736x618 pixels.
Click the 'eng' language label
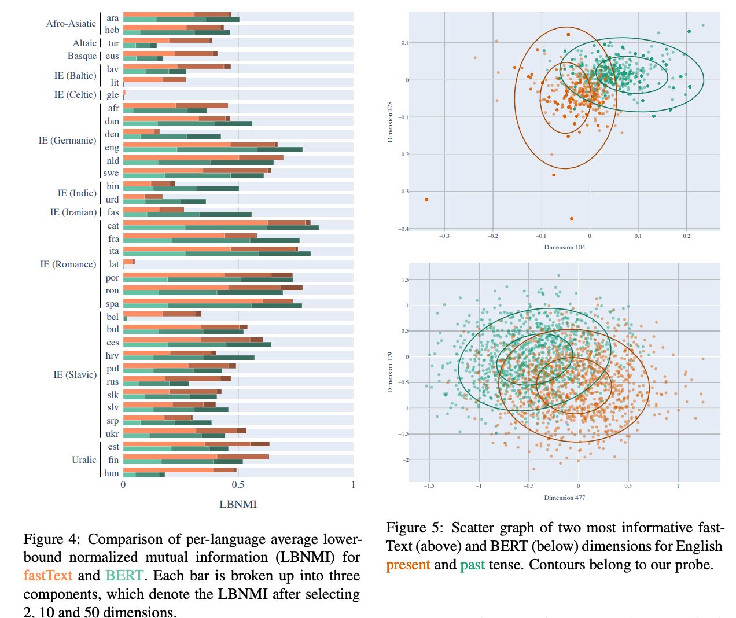[112, 148]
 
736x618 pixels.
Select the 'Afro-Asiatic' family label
[71, 24]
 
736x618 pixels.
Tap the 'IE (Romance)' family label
[68, 264]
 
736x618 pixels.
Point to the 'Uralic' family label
[84, 459]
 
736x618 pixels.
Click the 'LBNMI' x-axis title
[238, 505]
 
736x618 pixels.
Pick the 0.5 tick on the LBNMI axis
[238, 485]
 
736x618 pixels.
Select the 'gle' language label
[113, 95]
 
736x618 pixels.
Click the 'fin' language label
[113, 460]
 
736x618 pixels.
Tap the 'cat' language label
[113, 226]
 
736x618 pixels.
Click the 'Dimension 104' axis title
[564, 248]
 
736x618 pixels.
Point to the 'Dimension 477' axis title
[564, 498]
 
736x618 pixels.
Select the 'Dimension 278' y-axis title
[390, 122]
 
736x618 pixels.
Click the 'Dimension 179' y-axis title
[390, 372]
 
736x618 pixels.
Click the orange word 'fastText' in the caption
[47, 576]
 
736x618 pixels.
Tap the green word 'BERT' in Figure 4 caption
[124, 576]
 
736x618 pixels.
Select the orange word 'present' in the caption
[408, 565]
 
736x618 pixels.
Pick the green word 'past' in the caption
[472, 565]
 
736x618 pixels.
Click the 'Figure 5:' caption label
[414, 528]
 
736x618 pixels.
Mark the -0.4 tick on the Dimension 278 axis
[403, 229]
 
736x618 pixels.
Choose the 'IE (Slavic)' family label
[75, 375]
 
